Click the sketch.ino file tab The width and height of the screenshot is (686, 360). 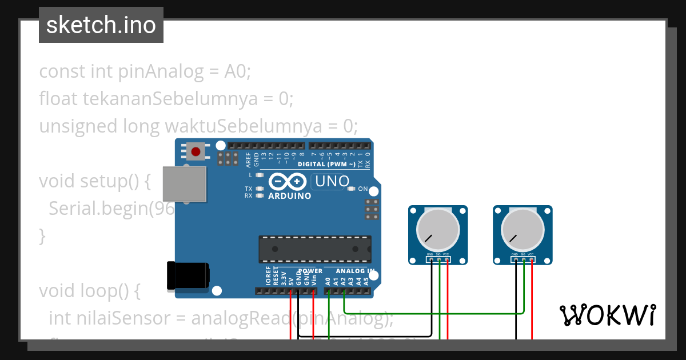[x=101, y=25]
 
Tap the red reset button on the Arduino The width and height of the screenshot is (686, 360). [x=196, y=151]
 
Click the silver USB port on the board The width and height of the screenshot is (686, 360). [x=184, y=185]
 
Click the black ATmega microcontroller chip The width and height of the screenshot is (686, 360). [x=314, y=249]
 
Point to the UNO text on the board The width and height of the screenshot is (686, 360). [x=330, y=182]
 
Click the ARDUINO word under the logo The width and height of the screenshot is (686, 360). [x=289, y=196]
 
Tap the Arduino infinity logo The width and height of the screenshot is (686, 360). [x=288, y=182]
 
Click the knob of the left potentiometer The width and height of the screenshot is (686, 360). [x=438, y=230]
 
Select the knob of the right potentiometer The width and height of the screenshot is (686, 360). [x=522, y=230]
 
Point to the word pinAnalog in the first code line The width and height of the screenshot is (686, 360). [x=161, y=72]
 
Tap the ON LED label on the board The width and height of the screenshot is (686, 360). [x=362, y=189]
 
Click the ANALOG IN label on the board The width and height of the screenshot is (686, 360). [x=355, y=271]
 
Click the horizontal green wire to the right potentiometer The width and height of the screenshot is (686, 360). [x=434, y=313]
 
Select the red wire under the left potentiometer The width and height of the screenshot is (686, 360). [x=448, y=303]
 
